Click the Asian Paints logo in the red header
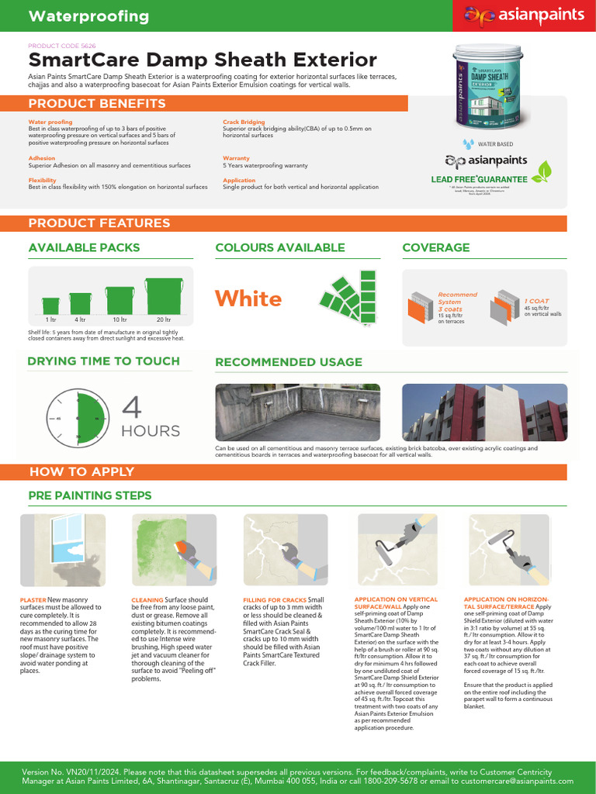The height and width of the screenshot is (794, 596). point(524,16)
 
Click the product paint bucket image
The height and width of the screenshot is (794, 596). point(496,85)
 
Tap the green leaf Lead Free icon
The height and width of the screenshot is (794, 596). point(546,170)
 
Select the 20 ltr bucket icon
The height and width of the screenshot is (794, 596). point(163,295)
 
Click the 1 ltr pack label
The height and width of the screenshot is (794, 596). point(50,319)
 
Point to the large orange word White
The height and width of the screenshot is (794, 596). point(248,299)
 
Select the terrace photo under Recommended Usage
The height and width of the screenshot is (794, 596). point(297,413)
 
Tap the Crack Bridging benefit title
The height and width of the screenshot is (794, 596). point(244,122)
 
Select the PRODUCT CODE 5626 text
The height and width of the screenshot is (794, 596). point(62,46)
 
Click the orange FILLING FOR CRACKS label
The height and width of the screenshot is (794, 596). point(275,599)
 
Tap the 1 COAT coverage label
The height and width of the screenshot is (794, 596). point(536,301)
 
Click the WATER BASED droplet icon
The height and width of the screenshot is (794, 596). point(468,143)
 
